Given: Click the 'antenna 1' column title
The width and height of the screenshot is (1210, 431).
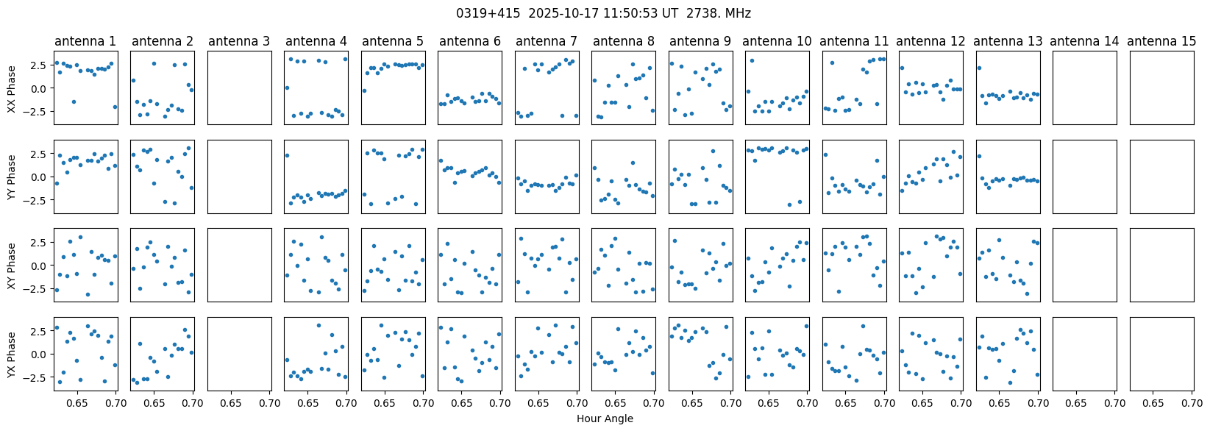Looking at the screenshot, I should tap(85, 42).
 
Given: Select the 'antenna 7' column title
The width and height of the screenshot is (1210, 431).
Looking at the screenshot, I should tap(547, 42).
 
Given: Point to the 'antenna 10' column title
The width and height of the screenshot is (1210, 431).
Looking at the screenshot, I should tap(777, 42).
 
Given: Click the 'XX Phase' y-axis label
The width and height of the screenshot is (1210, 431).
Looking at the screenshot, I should tap(12, 88).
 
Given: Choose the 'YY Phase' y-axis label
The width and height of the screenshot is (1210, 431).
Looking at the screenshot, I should tap(12, 177).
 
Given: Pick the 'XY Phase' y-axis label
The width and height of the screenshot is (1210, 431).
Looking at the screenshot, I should tap(12, 266).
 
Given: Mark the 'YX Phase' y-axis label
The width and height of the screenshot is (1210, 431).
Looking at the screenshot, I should tap(12, 355).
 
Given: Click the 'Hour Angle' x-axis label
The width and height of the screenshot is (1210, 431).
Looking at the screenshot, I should tap(605, 419).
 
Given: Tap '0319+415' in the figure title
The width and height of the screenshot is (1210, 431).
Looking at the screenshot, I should tap(480, 13).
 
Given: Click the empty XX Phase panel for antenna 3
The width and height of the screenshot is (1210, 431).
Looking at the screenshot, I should tap(239, 88).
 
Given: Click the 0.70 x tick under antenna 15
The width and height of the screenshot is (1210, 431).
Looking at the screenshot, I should tap(1192, 404).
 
